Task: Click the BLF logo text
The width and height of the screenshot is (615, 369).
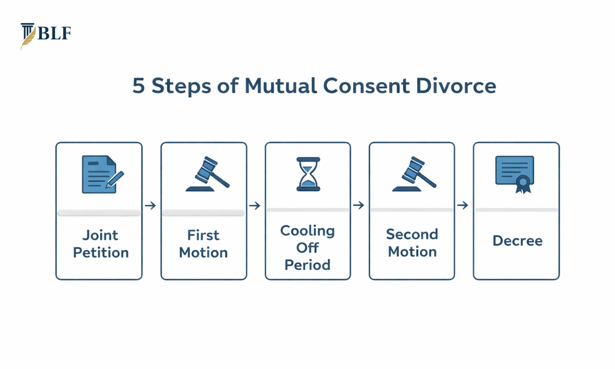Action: [54, 33]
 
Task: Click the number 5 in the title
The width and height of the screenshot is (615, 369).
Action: [139, 85]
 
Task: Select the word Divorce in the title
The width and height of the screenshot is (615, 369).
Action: [456, 85]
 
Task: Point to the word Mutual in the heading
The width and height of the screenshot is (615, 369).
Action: [280, 85]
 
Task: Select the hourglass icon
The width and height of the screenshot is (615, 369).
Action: [308, 174]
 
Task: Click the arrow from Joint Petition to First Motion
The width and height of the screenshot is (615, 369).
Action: [150, 205]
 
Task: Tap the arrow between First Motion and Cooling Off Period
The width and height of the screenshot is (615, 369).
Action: [255, 205]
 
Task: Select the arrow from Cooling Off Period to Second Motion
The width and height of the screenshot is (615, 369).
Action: [359, 205]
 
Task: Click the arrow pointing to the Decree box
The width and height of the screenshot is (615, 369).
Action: [463, 205]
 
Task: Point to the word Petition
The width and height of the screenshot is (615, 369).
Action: [101, 253]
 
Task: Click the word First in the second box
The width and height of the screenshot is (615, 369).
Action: [203, 235]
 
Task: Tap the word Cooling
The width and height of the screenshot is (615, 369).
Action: [307, 231]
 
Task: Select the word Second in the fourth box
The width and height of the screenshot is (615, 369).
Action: [412, 234]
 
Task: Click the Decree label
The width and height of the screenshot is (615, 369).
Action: [518, 241]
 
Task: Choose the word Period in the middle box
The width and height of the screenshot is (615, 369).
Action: [307, 265]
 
